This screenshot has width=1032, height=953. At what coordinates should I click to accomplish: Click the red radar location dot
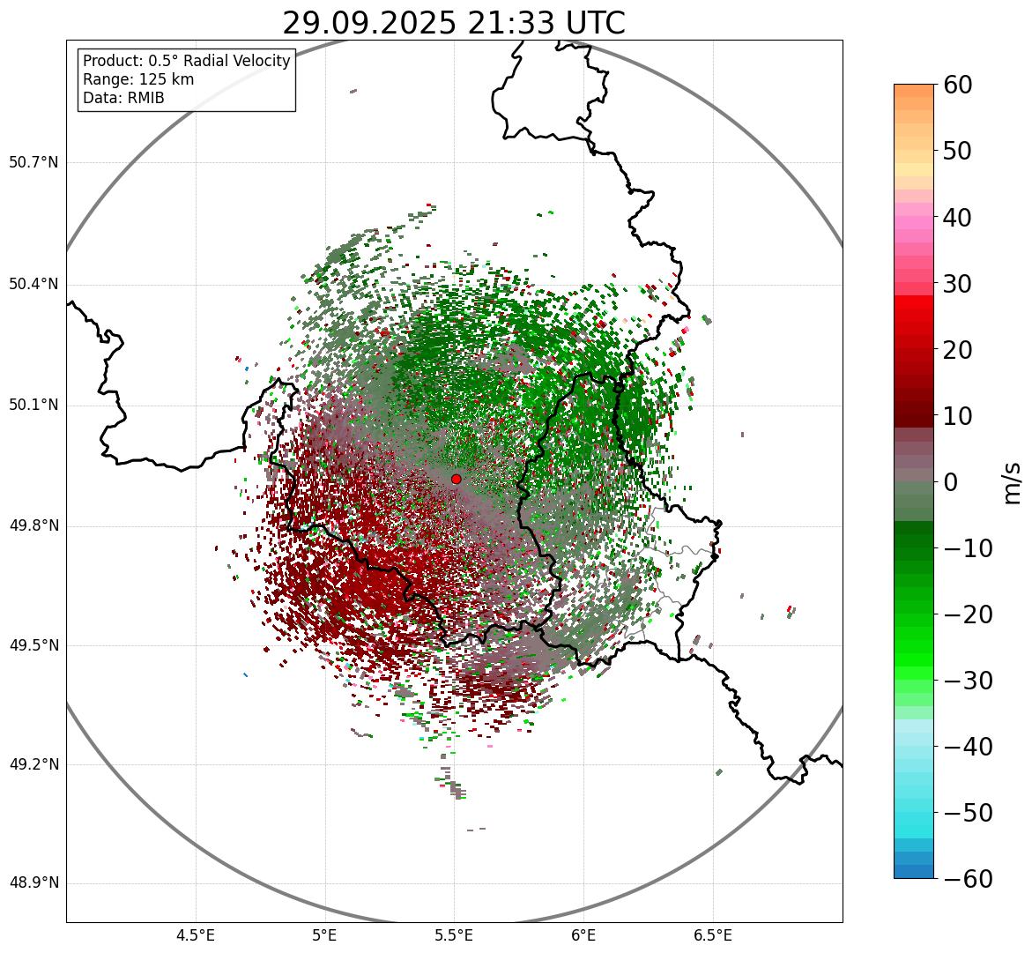pos(456,479)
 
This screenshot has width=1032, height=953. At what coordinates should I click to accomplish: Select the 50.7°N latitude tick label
pos(33,162)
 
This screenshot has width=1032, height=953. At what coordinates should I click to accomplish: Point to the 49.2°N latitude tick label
pos(33,764)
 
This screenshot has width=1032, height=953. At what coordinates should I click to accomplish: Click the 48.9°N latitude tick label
pos(33,883)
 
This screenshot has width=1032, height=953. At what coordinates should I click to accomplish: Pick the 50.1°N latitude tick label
pos(33,406)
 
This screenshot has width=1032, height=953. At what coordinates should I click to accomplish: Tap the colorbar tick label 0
pos(951,482)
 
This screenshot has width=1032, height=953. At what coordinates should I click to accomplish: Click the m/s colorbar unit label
pos(1013,482)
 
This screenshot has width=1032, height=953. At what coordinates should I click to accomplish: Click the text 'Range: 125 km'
pos(138,79)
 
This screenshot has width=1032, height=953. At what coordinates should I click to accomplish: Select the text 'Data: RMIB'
pos(123,98)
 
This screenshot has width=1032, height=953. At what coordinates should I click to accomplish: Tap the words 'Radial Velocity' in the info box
pos(237,61)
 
